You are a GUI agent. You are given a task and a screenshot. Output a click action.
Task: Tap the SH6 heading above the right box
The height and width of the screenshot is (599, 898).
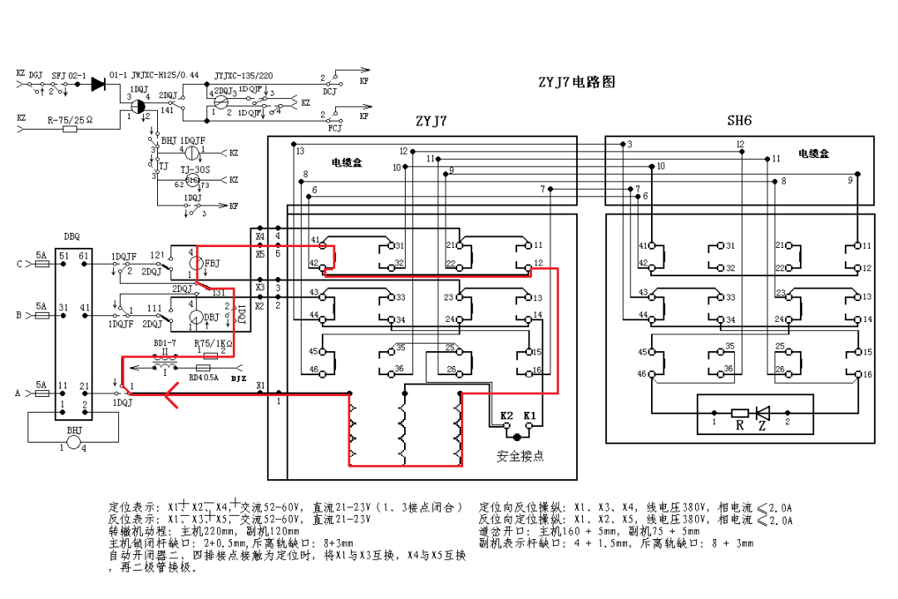point(739,121)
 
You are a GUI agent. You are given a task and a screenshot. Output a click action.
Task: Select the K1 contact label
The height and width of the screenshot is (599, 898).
point(530,414)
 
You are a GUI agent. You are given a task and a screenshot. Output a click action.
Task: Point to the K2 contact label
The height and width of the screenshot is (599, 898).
point(506,414)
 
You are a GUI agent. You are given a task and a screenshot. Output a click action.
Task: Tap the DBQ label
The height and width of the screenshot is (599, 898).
point(72,236)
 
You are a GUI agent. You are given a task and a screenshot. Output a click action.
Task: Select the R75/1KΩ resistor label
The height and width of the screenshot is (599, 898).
point(212,344)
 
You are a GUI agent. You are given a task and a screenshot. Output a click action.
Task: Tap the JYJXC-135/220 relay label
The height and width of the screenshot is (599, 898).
point(244,75)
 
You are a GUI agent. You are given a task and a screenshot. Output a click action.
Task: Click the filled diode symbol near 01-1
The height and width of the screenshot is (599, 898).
point(98,84)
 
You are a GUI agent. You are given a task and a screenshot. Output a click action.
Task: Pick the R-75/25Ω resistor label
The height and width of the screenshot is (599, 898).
point(70,120)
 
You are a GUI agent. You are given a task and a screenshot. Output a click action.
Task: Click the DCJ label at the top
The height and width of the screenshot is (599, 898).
point(330,92)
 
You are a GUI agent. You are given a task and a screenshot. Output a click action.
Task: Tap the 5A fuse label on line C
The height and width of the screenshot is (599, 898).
point(42,255)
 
